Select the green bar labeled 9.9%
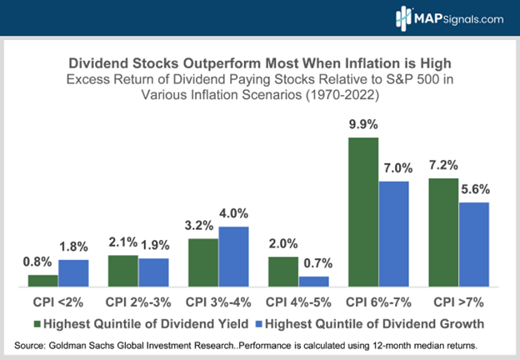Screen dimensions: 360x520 pyautogui.click(x=363, y=212)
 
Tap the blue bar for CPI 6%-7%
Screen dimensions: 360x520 pyautogui.click(x=393, y=233)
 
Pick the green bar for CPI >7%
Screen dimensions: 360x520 pyautogui.click(x=442, y=232)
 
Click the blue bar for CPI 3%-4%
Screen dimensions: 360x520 pyautogui.click(x=233, y=256)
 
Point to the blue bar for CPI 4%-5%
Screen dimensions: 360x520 pyautogui.click(x=312, y=281)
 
